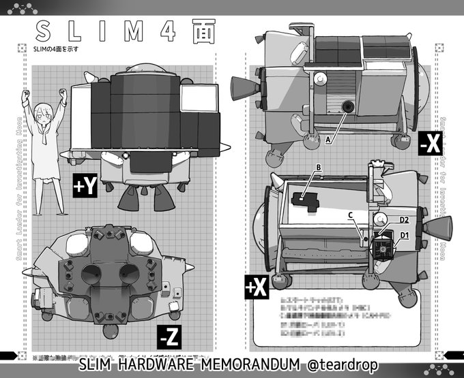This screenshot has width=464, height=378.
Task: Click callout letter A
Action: pyautogui.click(x=328, y=139)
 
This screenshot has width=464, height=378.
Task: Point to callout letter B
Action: pyautogui.click(x=317, y=168)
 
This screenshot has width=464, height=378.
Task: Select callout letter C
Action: pyautogui.click(x=350, y=216)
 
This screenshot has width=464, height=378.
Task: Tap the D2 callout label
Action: pyautogui.click(x=404, y=221)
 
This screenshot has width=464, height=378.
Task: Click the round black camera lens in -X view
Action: pyautogui.click(x=348, y=106)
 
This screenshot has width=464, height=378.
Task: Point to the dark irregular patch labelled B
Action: pyautogui.click(x=303, y=200)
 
